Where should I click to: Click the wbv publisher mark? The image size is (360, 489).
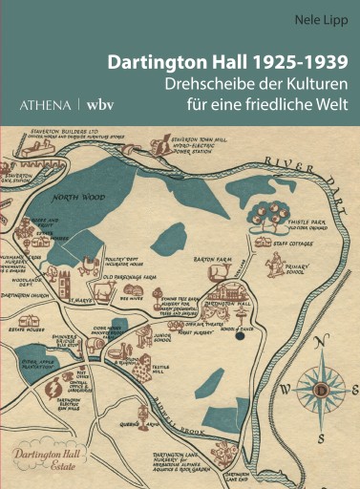click(x=100, y=101)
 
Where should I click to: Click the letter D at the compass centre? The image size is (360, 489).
click(x=322, y=391)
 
